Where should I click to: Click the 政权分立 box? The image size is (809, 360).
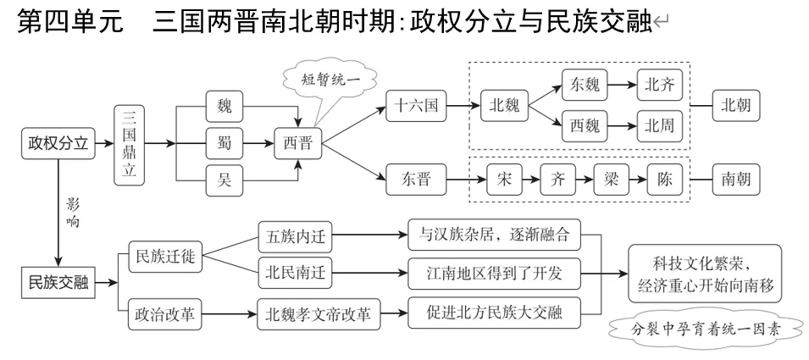click(55, 143)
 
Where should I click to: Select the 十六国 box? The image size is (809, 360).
click(415, 107)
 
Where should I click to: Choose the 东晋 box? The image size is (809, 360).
click(415, 180)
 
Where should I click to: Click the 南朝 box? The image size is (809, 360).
click(734, 180)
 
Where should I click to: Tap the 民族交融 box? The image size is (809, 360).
click(55, 280)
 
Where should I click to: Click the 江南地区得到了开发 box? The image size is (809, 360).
click(494, 274)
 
